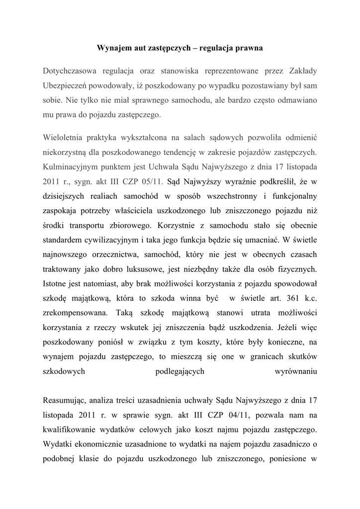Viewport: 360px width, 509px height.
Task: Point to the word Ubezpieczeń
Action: point(65,85)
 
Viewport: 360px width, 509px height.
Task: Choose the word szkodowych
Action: point(63,371)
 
